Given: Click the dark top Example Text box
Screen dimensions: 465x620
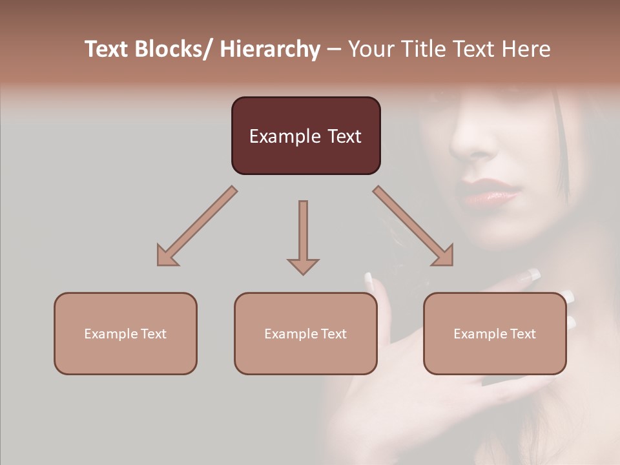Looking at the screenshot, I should [305, 136].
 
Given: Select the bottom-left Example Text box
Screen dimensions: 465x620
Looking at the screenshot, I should [125, 333].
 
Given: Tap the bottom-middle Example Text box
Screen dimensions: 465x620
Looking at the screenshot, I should [305, 333].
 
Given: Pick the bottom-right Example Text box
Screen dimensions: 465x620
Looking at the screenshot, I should [495, 333].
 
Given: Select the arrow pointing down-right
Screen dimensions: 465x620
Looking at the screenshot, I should [414, 227].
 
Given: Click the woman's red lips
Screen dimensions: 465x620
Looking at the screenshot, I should [488, 192].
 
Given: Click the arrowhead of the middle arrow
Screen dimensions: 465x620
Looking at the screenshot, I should [303, 265].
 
